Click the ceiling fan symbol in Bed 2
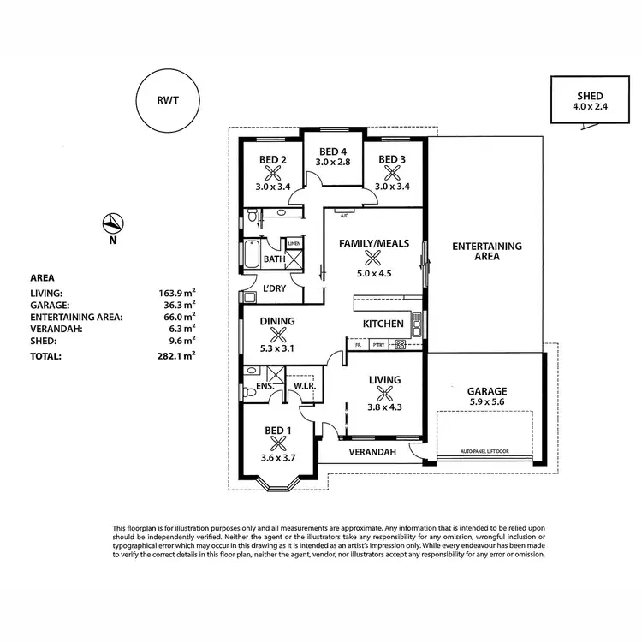273,173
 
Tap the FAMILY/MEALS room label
372,243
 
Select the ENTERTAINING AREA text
486,252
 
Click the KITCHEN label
383,324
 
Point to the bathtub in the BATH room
253,255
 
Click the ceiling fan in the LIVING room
385,395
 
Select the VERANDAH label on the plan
372,452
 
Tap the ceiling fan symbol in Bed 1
276,443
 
